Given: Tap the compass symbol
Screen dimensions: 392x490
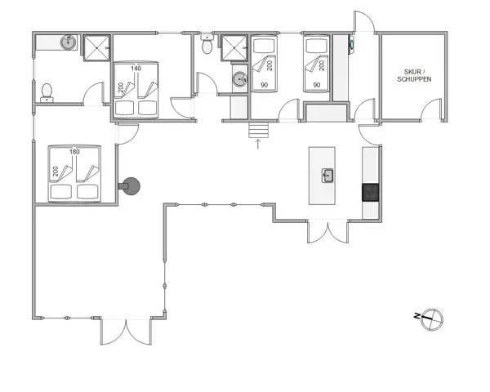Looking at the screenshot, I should [430, 318].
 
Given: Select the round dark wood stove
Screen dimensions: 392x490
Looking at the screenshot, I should [130, 186].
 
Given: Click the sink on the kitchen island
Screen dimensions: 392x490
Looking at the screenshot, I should [327, 174].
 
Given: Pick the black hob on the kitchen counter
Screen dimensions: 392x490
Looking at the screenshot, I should [371, 192].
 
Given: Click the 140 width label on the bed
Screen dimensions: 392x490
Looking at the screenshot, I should [136, 69].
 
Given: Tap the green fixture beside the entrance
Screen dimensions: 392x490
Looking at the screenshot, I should [352, 45].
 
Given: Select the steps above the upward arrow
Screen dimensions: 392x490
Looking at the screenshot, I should [258, 130].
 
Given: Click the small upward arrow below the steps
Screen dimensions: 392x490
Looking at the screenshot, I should [258, 145].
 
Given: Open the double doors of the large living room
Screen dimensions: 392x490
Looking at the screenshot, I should [126, 331].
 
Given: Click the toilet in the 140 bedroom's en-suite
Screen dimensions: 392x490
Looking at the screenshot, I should [47, 91].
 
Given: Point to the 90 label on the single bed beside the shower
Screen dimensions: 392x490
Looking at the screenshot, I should [264, 83].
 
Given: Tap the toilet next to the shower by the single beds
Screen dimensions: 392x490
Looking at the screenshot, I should [208, 47].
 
